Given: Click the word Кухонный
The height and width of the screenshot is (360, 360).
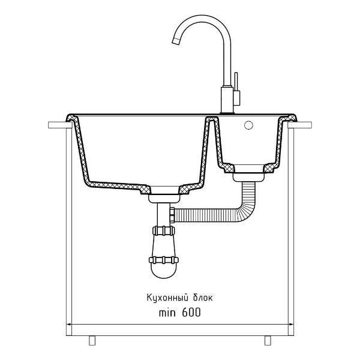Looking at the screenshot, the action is point(166,298).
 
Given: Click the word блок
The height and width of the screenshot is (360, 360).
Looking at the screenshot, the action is point(203,298).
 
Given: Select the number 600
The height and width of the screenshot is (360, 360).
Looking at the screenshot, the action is point(191,313).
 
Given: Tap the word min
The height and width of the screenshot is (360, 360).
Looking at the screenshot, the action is point(167,313).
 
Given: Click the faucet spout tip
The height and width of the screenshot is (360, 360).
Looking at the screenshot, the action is point(176,41).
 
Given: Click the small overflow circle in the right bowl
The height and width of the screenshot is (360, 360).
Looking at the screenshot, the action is point(248,125).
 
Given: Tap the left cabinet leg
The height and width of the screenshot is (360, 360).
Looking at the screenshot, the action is point(92,340).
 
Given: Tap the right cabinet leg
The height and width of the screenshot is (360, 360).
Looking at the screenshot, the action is point(268,340).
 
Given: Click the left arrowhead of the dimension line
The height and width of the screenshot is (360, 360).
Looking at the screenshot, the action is point(68,325).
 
